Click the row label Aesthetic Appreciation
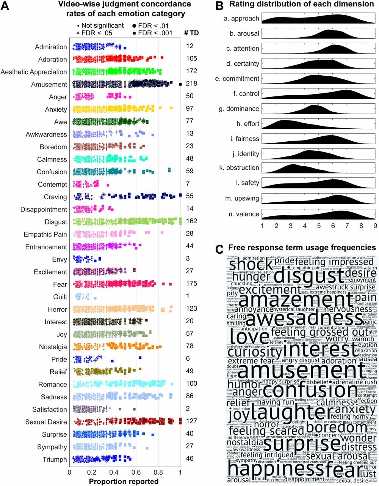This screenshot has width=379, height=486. click(34, 72)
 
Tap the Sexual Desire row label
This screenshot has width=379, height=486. click(46, 422)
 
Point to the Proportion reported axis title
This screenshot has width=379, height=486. click(124, 481)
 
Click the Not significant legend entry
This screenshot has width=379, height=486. click(100, 25)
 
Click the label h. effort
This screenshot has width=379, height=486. click(246, 124)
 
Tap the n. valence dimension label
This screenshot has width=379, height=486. click(244, 214)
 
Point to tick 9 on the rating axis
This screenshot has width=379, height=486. click(375, 226)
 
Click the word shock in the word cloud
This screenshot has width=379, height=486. click(246, 265)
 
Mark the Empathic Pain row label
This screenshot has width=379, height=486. click(45, 234)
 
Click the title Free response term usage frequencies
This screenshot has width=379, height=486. click(302, 248)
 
